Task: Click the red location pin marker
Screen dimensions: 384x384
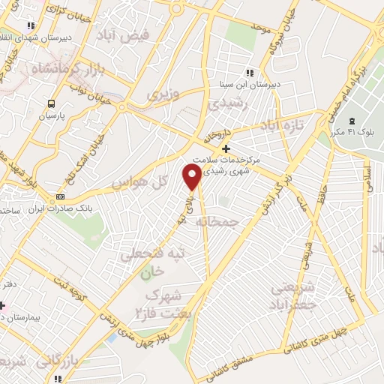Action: [x=193, y=177]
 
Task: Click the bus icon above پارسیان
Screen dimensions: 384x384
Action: [x=51, y=104]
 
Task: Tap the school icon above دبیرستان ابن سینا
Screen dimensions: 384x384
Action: [x=250, y=73]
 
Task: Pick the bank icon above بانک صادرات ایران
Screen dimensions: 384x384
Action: [x=61, y=197]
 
